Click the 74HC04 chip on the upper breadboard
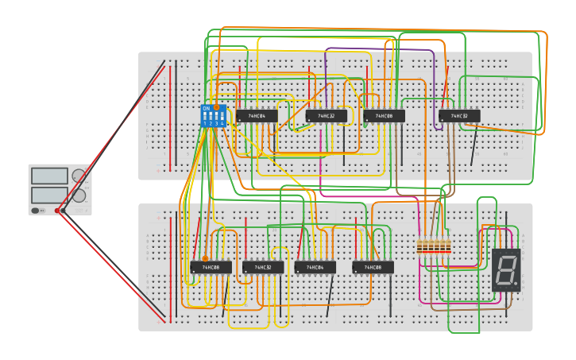(257, 116)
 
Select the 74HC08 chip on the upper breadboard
(385, 116)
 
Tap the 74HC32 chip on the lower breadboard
(263, 268)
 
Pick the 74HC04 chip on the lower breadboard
(315, 268)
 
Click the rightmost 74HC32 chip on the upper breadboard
(460, 116)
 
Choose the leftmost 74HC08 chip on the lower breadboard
(211, 268)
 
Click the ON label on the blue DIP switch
(207, 108)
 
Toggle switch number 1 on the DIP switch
(205, 116)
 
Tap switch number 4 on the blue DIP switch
(222, 116)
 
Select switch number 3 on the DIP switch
(216, 116)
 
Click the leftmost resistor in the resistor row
(420, 247)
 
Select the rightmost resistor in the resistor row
(448, 247)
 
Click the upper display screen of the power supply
(49, 176)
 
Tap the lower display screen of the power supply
(49, 195)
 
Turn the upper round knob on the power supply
(79, 176)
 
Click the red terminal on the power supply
(58, 211)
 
